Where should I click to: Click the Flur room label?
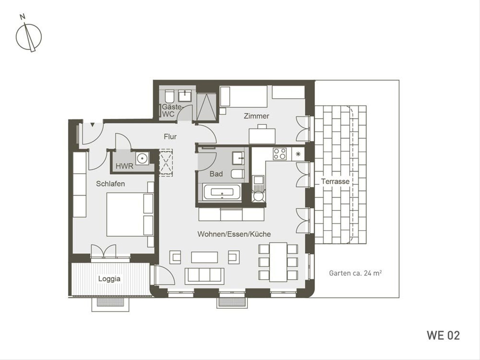pos(170,137)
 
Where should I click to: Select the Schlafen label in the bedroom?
pos(110,184)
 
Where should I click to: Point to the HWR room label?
pos(124,166)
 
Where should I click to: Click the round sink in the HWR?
pos(142,158)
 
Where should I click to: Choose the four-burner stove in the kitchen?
pos(280,154)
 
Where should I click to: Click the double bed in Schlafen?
pos(130,214)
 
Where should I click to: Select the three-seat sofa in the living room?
pos(204,276)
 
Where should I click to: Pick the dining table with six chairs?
pos(278,262)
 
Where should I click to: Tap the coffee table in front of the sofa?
pos(204,257)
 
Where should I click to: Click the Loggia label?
pos(109,279)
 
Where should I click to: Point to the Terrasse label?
pos(335,181)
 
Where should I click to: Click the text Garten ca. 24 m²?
pos(355,273)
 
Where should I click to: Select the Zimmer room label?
pos(256,116)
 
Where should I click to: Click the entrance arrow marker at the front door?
pos(92,125)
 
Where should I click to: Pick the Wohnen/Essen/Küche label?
pos(234,234)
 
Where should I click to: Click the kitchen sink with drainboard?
pos(258,189)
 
